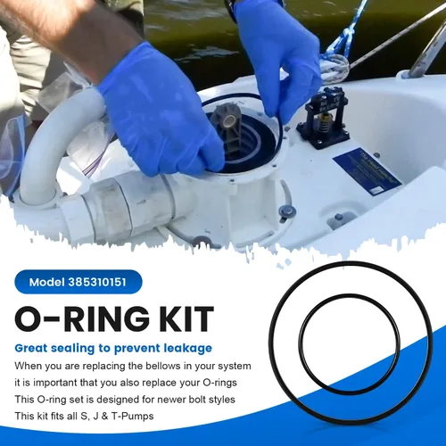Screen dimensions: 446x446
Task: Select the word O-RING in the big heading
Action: point(79,319)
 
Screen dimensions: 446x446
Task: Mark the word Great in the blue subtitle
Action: point(32,348)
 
